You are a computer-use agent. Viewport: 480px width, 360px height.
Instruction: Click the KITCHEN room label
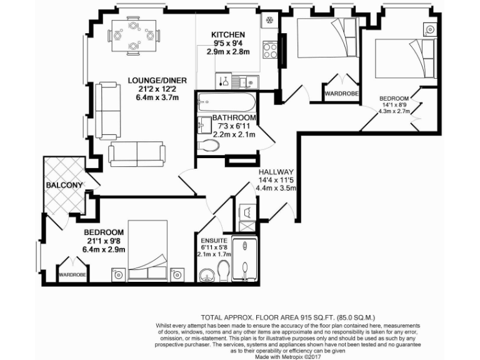point(227,34)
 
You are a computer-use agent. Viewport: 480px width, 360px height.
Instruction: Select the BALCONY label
point(64,186)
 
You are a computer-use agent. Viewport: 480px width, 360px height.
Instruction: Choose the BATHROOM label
point(234,117)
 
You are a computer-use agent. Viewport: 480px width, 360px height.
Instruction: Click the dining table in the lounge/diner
point(133,36)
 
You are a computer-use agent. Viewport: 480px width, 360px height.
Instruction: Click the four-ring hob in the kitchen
point(270,49)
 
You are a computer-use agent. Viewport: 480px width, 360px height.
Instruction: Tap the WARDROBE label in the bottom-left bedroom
point(72,274)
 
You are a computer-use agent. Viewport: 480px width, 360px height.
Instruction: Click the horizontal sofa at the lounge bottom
point(136,152)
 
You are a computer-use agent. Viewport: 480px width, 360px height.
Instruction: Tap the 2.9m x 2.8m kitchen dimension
point(228,52)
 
